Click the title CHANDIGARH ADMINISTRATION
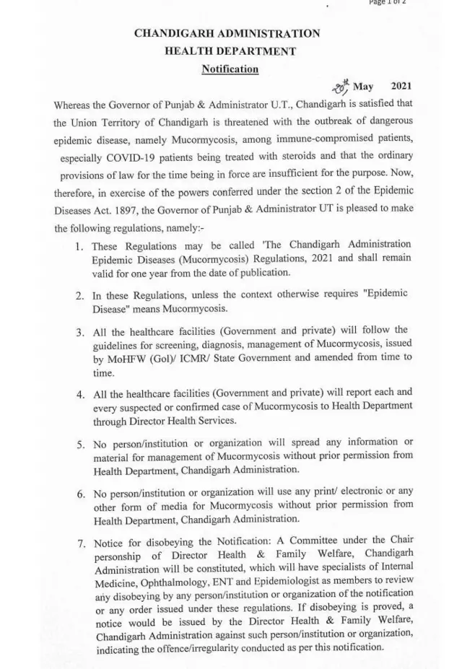click(x=227, y=34)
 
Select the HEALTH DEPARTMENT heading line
click(x=230, y=51)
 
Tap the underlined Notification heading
click(x=230, y=69)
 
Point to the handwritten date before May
click(x=340, y=87)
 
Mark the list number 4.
click(x=80, y=395)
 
